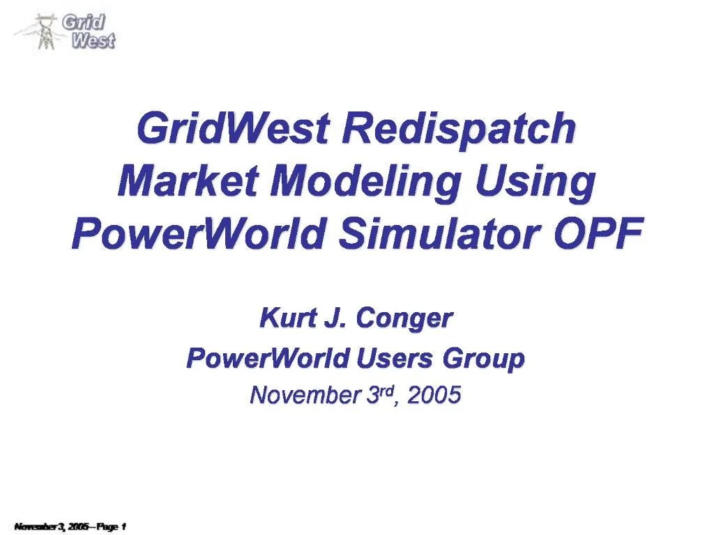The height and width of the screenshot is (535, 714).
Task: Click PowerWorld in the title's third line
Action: coord(198,234)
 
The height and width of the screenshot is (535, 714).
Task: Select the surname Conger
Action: coord(404,319)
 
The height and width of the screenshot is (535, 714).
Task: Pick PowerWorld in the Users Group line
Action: coord(268,359)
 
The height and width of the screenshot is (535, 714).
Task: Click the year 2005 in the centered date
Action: coord(434,396)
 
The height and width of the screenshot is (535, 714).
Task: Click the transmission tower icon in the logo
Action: coord(45,31)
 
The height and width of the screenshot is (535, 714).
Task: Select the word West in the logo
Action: coord(93,40)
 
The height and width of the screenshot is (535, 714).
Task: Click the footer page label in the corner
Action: coord(70,526)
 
